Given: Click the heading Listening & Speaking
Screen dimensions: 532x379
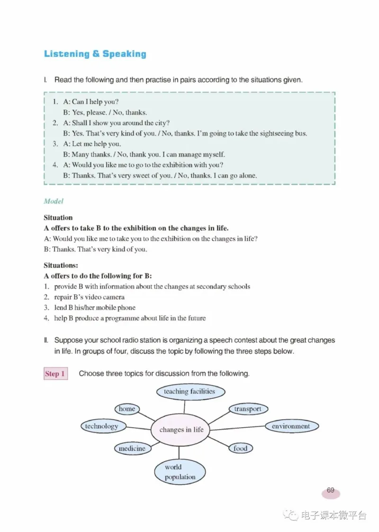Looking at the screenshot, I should click(95, 54).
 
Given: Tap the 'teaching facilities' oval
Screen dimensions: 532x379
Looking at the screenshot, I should click(189, 392).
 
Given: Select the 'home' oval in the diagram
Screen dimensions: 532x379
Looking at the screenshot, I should click(127, 409).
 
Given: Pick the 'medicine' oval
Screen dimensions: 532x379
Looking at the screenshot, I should click(132, 448).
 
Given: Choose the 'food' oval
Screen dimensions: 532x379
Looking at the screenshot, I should click(241, 448).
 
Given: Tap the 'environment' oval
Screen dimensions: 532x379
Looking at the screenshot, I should click(290, 426).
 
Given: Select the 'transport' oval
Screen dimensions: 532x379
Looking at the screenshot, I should click(248, 409).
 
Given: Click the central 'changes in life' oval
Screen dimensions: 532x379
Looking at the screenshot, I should click(181, 430).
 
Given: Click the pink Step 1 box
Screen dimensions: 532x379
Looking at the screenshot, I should click(55, 374).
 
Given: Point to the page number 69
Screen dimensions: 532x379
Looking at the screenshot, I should click(331, 491).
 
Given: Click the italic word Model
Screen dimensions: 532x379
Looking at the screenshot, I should click(54, 201).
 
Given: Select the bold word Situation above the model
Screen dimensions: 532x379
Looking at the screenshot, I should click(58, 218).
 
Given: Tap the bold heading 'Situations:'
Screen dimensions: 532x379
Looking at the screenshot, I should click(61, 266).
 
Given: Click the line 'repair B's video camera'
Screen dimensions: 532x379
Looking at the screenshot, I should click(89, 297).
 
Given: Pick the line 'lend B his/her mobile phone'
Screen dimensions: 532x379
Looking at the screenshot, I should click(95, 308).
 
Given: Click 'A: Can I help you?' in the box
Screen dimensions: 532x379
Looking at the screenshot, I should click(90, 102).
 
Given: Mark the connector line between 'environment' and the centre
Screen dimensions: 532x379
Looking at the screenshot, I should click(237, 428).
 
